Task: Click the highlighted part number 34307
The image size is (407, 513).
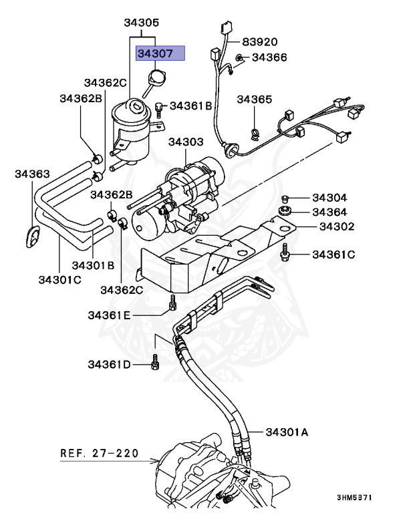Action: (x=159, y=53)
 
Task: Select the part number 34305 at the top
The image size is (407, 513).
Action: (x=141, y=23)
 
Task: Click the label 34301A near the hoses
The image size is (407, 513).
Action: (x=287, y=432)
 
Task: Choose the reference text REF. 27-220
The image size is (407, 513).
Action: (x=100, y=453)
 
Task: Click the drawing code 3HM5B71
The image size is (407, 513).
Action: (x=354, y=498)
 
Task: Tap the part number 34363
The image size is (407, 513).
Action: (x=32, y=174)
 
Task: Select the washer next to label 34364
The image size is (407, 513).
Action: (x=285, y=212)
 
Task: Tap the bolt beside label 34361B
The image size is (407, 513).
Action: (x=158, y=106)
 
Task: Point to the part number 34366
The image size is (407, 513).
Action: (x=269, y=57)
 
